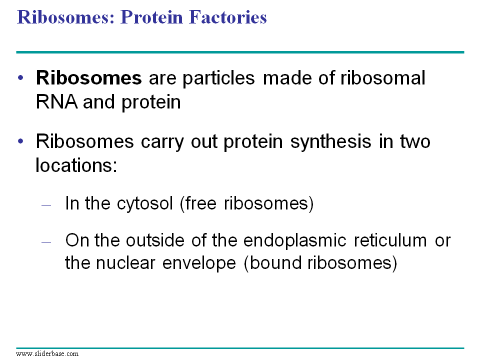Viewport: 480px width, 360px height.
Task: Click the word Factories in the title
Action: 228,17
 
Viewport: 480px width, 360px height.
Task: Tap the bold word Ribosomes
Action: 89,78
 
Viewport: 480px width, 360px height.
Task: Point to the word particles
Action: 218,78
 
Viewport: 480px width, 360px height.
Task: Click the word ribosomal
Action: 383,78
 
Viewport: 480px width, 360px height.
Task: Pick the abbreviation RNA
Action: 56,102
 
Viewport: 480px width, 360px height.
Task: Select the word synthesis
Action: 330,142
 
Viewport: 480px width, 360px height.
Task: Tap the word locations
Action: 76,165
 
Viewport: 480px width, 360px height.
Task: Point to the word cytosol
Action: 145,204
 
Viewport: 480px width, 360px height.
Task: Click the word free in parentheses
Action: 198,203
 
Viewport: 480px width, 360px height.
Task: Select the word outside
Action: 155,240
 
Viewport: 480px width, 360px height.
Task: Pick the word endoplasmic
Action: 295,241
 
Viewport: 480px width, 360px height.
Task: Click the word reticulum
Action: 390,240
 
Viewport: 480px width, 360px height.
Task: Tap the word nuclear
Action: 125,263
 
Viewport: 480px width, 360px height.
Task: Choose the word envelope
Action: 199,264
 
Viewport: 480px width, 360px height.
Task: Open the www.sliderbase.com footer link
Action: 47,354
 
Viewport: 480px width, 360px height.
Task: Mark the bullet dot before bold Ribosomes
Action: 20,78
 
